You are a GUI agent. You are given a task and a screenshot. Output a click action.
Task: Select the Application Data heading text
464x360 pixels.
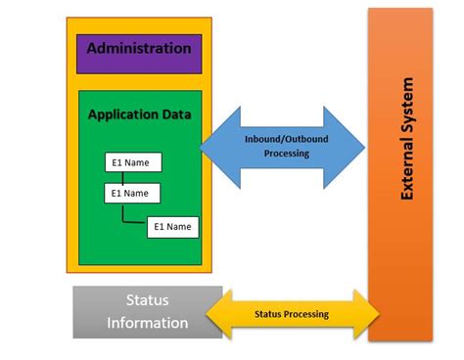tap(139, 114)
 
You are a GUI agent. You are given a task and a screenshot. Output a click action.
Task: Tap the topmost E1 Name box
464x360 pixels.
tap(132, 161)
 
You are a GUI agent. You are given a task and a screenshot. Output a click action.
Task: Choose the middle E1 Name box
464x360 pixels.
tap(132, 193)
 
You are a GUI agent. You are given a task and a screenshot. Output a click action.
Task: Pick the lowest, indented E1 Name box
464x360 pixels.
tap(173, 227)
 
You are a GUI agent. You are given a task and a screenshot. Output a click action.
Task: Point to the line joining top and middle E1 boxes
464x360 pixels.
tap(123, 177)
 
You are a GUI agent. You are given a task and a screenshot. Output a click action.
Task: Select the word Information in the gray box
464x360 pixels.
tap(147, 323)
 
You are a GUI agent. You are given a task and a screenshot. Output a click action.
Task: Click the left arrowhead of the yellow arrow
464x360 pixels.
tap(217, 314)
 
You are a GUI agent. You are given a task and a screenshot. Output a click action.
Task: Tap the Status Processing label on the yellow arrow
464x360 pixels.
tap(292, 314)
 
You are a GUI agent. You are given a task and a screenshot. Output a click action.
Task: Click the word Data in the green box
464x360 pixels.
tap(175, 114)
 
